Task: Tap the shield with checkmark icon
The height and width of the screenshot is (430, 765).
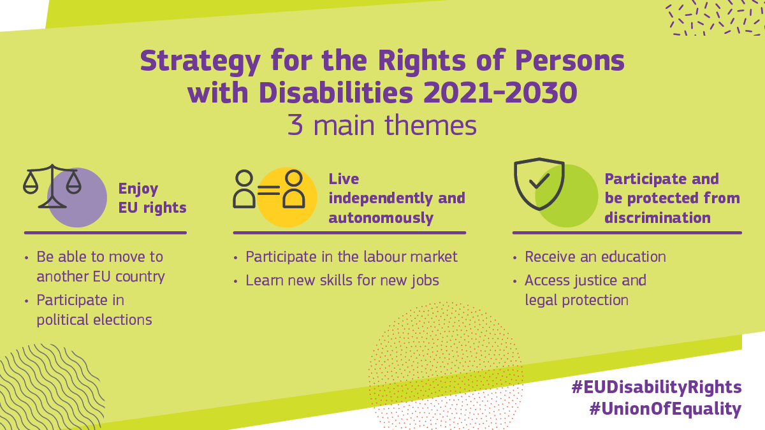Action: pyautogui.click(x=539, y=183)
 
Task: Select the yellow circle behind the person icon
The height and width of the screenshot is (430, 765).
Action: pyautogui.click(x=287, y=197)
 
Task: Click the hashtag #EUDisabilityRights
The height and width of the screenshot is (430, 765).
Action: pyautogui.click(x=657, y=387)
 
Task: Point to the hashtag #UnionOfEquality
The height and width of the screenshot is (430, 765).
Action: pyautogui.click(x=666, y=409)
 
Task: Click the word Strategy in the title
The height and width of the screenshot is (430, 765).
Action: pyautogui.click(x=200, y=61)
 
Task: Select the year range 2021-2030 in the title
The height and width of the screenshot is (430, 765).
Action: pyautogui.click(x=500, y=92)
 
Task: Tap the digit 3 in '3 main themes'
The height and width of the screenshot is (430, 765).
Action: pyautogui.click(x=295, y=125)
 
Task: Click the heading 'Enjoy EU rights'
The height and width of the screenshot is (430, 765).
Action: pyautogui.click(x=152, y=198)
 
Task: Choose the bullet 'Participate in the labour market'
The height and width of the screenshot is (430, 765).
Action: pyautogui.click(x=351, y=257)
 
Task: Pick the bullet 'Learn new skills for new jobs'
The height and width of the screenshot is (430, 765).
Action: pyautogui.click(x=342, y=280)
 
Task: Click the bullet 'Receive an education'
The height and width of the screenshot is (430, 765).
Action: pyautogui.click(x=595, y=257)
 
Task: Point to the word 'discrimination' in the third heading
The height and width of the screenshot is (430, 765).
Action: pyautogui.click(x=657, y=217)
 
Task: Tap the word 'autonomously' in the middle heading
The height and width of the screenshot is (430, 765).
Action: pyautogui.click(x=381, y=218)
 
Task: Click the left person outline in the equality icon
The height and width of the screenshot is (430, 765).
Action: pyautogui.click(x=244, y=189)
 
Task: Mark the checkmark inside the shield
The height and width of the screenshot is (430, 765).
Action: pyautogui.click(x=539, y=181)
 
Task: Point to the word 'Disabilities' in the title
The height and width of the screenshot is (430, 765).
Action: pyautogui.click(x=336, y=92)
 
